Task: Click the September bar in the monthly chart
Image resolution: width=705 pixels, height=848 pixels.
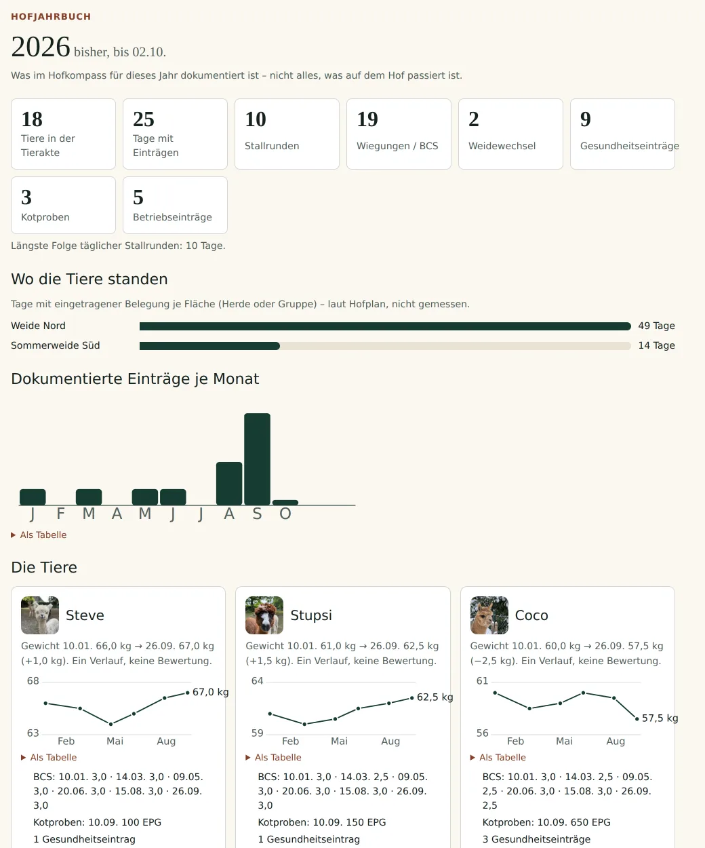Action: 257,459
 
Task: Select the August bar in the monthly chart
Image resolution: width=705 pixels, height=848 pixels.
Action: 229,483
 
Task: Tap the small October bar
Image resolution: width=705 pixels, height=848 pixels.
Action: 285,503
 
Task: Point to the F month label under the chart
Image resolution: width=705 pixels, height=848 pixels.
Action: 60,514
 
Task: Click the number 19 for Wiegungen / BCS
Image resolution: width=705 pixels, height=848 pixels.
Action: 367,119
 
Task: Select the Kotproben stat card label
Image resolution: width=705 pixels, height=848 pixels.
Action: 45,217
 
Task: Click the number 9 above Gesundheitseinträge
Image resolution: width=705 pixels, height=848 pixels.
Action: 585,119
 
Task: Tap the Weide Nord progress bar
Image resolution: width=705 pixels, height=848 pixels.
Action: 385,326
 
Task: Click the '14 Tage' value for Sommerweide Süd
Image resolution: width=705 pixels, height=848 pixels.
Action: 656,345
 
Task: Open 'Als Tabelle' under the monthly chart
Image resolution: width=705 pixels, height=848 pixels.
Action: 43,535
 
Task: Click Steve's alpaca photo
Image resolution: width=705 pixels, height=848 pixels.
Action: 40,615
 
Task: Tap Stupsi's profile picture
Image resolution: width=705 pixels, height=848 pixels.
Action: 264,615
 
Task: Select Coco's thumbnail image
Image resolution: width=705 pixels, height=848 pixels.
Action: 489,615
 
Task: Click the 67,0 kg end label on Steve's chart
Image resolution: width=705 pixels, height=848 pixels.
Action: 210,692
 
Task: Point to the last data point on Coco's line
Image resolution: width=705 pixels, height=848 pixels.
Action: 637,719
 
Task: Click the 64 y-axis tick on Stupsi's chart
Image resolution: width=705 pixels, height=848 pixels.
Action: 258,680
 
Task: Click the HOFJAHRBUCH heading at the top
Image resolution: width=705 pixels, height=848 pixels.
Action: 51,17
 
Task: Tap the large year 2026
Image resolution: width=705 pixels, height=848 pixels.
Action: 41,47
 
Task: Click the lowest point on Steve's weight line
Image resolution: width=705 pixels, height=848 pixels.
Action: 110,724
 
